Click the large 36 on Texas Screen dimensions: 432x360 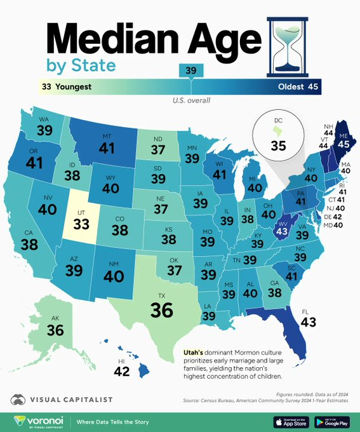point(162,309)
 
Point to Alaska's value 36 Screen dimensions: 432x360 point(56,330)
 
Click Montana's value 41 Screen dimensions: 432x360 point(107,148)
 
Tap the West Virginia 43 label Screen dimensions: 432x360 point(281,232)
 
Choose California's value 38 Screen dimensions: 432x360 point(29,244)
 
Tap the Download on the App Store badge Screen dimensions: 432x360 point(294,421)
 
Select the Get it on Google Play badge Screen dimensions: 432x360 point(335,421)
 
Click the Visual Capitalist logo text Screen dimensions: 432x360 point(70,399)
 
